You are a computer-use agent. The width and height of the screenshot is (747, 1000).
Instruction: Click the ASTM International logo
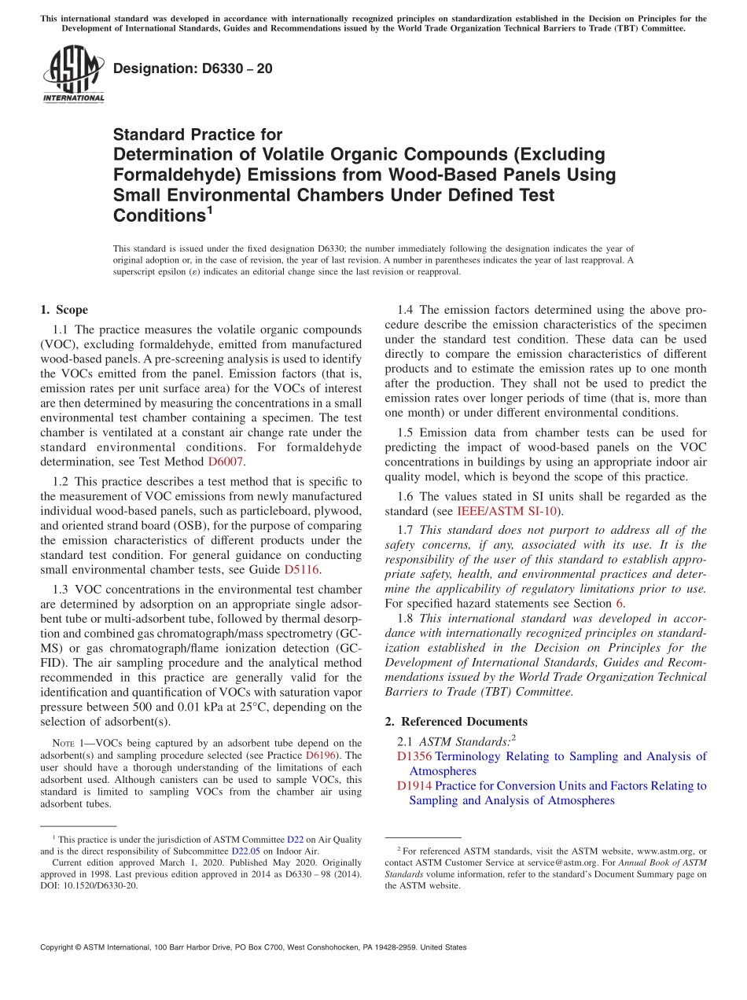(73, 74)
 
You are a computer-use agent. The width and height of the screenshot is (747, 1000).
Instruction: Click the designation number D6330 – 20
(193, 68)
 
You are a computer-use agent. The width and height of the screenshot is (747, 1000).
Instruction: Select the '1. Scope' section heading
(64, 310)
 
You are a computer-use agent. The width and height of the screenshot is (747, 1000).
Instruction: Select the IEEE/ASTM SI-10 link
(518, 511)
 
